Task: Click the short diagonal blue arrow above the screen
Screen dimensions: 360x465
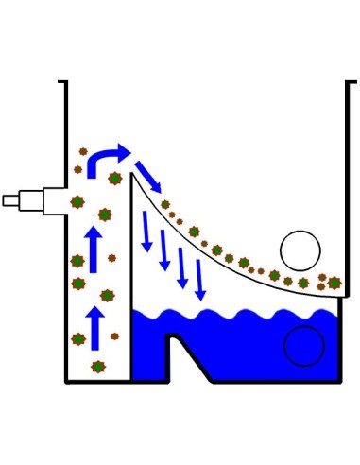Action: pyautogui.click(x=146, y=175)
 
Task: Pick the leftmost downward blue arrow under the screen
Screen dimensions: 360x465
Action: pyautogui.click(x=146, y=232)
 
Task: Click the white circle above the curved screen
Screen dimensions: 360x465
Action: pyautogui.click(x=300, y=250)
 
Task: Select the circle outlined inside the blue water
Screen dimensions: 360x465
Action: pyautogui.click(x=303, y=345)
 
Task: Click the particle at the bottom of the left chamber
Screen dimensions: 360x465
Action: pyautogui.click(x=97, y=367)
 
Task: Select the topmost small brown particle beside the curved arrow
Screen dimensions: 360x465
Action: pyautogui.click(x=83, y=151)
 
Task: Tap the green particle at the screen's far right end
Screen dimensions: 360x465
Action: pyautogui.click(x=334, y=283)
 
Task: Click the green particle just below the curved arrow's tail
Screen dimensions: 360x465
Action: pyautogui.click(x=115, y=179)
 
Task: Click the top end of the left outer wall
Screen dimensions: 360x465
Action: pyautogui.click(x=65, y=85)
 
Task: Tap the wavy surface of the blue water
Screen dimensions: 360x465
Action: pyautogui.click(x=236, y=313)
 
